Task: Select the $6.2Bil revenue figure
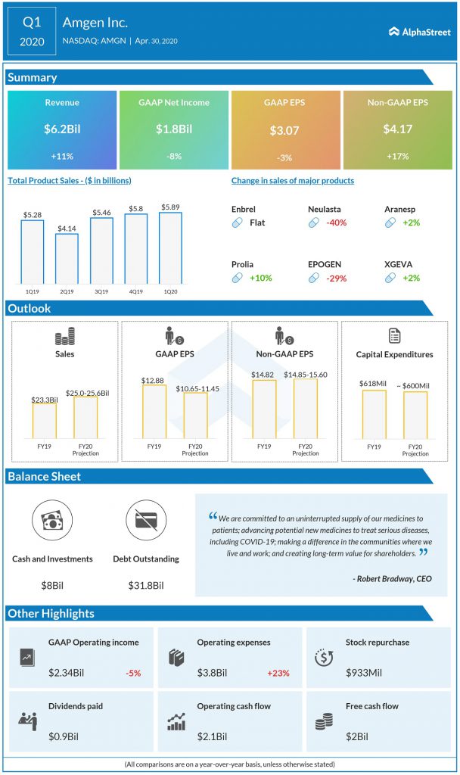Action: tap(62, 129)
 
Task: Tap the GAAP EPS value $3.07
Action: tap(284, 130)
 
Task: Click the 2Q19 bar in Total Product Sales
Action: tap(67, 257)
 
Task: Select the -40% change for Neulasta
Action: tap(337, 223)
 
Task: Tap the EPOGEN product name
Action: tap(325, 264)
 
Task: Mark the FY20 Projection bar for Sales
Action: tap(85, 417)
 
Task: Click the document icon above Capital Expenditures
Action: tap(394, 335)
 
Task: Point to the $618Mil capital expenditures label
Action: tap(374, 384)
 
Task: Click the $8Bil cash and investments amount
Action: tap(52, 585)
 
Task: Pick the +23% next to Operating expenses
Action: tap(278, 672)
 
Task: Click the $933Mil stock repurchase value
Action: tap(365, 672)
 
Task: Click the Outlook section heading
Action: tap(30, 309)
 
